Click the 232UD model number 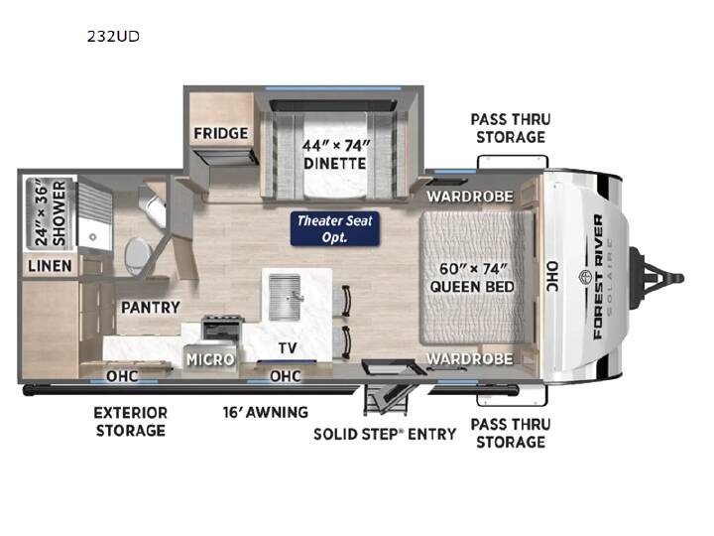coord(113,37)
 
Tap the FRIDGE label coord(221,134)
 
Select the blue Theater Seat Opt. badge coord(335,229)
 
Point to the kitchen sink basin coord(285,297)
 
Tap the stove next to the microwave coord(221,330)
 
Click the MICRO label coord(210,359)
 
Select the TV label coord(288,348)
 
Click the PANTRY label coord(151,307)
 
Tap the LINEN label coord(50,266)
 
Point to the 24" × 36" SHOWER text coord(50,213)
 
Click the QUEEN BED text coord(472,287)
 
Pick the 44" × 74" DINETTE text coord(335,155)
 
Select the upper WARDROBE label coord(470,197)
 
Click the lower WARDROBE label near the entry coord(470,358)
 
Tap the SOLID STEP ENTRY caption coord(385,434)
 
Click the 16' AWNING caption coord(266,412)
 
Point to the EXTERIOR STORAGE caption coord(131,422)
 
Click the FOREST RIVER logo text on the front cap coord(598,277)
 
